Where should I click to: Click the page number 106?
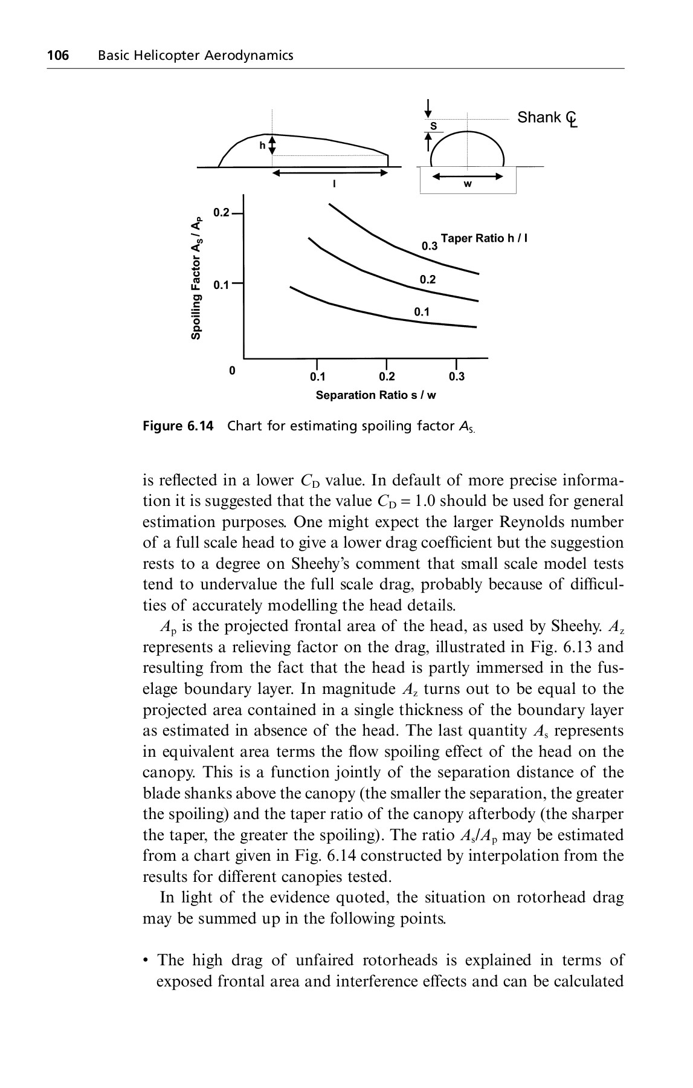tap(58, 56)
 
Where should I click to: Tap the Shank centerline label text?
tap(546, 118)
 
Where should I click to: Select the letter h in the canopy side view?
tap(262, 146)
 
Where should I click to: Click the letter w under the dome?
tap(468, 184)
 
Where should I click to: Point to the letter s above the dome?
tap(433, 126)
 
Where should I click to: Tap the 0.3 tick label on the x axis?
tap(457, 377)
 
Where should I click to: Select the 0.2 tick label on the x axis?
tap(387, 377)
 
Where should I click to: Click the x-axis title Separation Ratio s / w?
tap(376, 395)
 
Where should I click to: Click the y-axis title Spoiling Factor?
tap(196, 278)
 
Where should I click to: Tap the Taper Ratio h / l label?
tap(485, 238)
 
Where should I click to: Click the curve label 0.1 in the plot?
tap(422, 312)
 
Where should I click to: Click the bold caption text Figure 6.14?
tap(178, 426)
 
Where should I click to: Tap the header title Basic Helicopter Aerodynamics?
tap(195, 56)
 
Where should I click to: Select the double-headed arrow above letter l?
tap(329, 173)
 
